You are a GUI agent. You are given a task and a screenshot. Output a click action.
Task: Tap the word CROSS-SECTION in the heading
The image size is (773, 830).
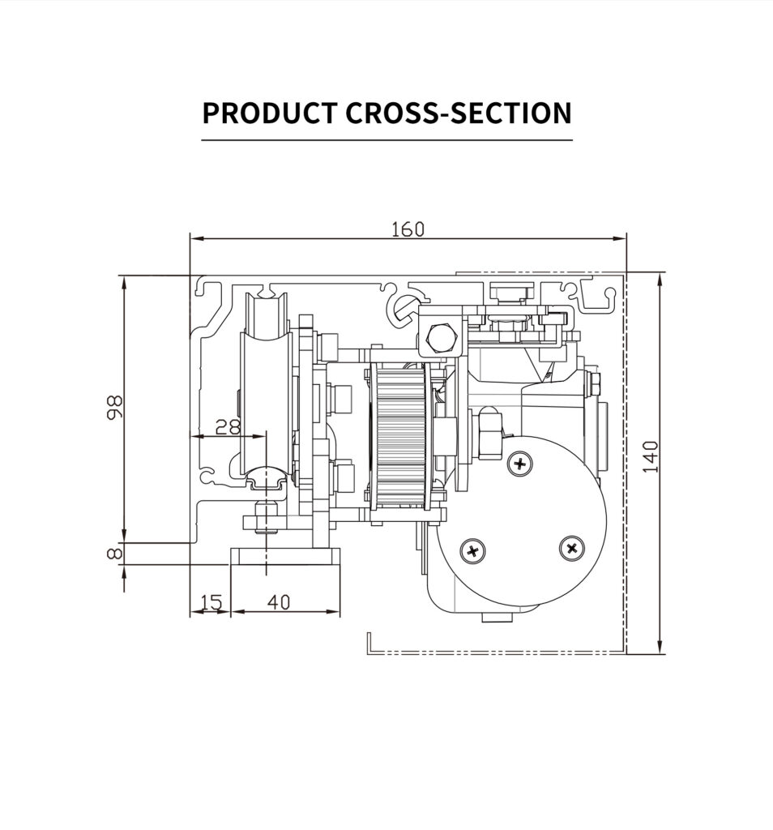(459, 113)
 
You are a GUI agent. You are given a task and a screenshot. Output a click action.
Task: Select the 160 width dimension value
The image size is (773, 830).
(408, 229)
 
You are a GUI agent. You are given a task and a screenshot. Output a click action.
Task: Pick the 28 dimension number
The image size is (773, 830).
(228, 426)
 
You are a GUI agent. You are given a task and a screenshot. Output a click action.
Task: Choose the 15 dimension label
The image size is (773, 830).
(210, 602)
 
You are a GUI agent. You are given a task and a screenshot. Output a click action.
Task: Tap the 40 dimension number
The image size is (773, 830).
(278, 602)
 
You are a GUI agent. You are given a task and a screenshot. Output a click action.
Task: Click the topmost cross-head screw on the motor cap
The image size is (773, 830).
(519, 464)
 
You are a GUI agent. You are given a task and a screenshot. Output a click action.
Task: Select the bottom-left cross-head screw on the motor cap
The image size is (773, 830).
(472, 551)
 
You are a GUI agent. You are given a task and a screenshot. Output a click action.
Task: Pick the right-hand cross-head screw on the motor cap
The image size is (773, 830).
(572, 549)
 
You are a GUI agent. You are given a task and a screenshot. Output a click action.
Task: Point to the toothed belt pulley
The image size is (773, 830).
(398, 438)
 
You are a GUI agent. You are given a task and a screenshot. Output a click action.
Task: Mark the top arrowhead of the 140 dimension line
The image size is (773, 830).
(660, 279)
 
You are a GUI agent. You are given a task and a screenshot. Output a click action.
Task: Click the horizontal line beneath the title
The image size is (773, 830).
(386, 140)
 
